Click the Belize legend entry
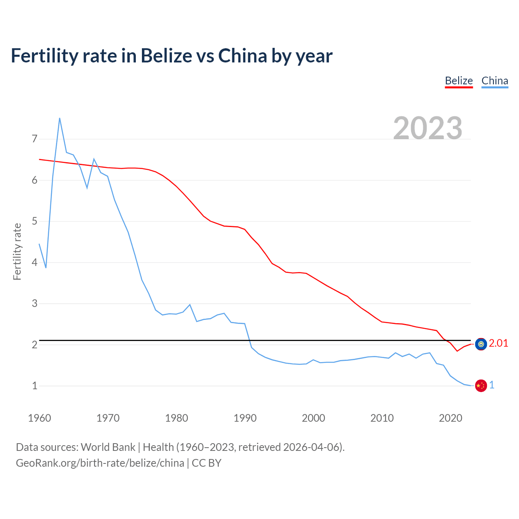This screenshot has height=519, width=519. point(459,81)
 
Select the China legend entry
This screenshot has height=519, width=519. point(495,81)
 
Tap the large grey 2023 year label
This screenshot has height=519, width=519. point(428,128)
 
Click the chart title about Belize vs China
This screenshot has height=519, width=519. point(172,56)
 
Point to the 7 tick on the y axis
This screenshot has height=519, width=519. point(34,139)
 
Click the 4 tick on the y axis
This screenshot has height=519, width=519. point(34,262)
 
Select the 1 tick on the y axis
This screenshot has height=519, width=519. point(34,386)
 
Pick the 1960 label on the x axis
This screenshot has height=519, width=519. point(39,418)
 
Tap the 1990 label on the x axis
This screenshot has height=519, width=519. point(245,418)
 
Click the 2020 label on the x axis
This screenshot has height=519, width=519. point(450,418)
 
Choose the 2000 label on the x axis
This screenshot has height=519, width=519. point(313,418)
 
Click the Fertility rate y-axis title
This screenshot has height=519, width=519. point(17,251)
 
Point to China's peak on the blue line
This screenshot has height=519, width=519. point(60,118)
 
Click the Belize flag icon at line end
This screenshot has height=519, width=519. point(481,344)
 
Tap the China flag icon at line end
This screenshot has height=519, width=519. point(481,386)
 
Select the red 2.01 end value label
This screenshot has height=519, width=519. point(498,343)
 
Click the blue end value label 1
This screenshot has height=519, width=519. point(492,385)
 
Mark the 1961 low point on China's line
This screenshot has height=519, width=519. point(46,268)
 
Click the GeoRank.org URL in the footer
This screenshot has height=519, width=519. point(100,463)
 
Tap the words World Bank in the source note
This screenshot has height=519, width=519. point(108,447)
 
